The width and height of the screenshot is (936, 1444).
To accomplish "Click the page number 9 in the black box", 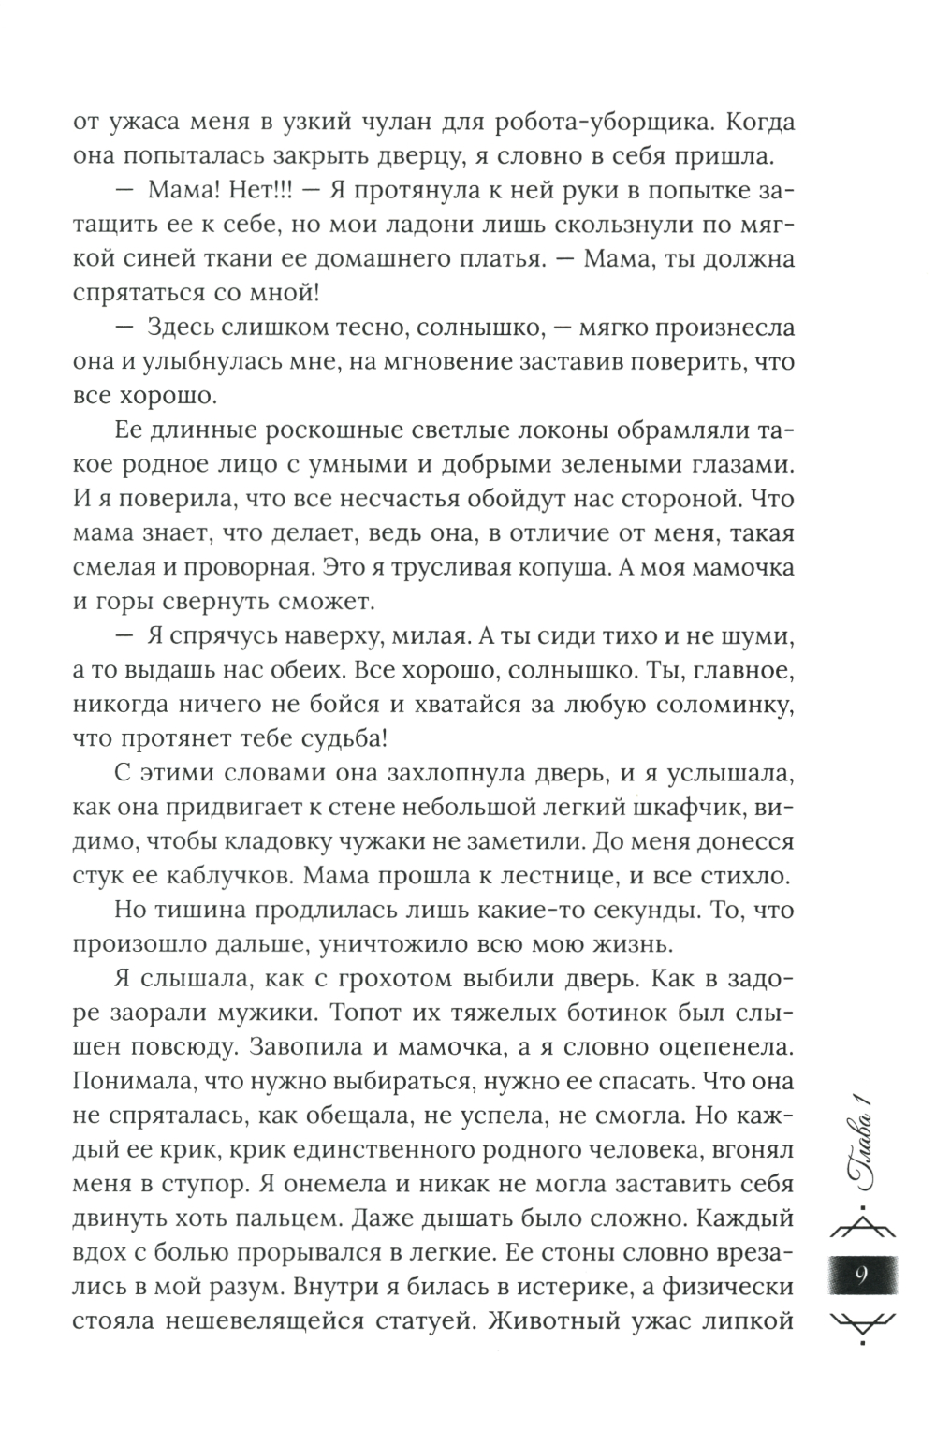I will coord(861,1275).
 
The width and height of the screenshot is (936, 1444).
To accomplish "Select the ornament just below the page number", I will coord(861,1323).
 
